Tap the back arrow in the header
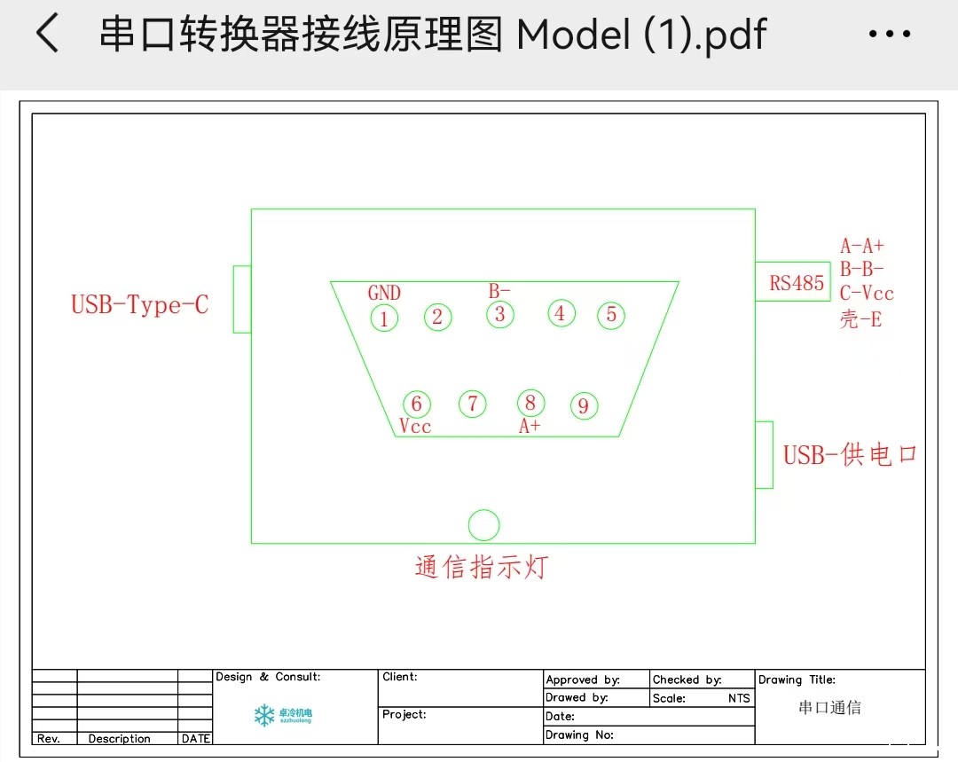pos(47,33)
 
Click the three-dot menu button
pos(890,34)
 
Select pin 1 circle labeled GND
pos(384,318)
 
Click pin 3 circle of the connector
pos(499,315)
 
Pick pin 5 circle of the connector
pos(611,315)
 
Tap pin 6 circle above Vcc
pos(417,404)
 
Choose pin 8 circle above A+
pos(530,403)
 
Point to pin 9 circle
pos(584,405)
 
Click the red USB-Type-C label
pos(140,304)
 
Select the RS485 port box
pos(793,282)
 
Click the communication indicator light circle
pos(484,525)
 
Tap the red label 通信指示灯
pos(482,567)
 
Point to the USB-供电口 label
pos(850,455)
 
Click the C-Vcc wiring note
pos(867,294)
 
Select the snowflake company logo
pos(264,715)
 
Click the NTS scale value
pos(739,698)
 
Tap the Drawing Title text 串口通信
pos(829,708)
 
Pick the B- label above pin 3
pos(499,291)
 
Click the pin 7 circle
pos(472,404)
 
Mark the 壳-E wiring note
pos(860,319)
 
